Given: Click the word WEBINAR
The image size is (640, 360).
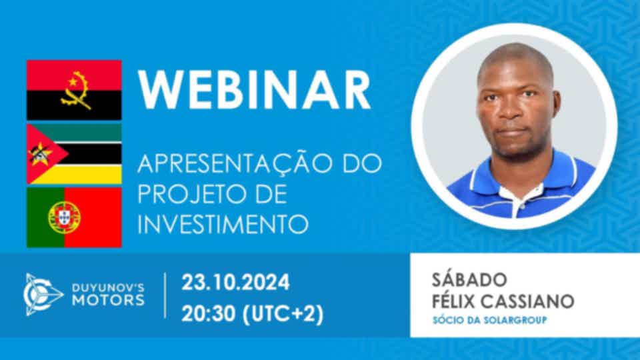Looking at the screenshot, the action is point(255,90).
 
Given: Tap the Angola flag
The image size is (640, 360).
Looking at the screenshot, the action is point(74,90).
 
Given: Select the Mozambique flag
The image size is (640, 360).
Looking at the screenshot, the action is point(74,154).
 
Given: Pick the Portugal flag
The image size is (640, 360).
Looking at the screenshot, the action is point(74,217).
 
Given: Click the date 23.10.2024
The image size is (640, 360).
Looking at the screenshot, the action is point(235,283).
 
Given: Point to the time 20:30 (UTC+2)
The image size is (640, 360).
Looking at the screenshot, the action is point(252,314).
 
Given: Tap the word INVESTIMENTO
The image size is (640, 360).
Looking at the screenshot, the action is point(223,224).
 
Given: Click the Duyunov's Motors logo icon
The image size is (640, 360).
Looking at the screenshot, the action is point(43,294).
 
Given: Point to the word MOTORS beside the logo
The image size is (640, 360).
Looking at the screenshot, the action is point(108,301).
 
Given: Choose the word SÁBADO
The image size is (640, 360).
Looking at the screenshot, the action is point(469,279).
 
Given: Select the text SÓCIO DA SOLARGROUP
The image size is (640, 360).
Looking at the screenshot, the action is point(489,320).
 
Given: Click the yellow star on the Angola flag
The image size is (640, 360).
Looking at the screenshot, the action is point(73,82).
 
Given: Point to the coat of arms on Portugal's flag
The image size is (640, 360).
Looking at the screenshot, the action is point(64,217).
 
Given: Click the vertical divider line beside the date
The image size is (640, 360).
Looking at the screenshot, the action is point(165,295).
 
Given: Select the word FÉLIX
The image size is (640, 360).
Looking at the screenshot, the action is point(453,301).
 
